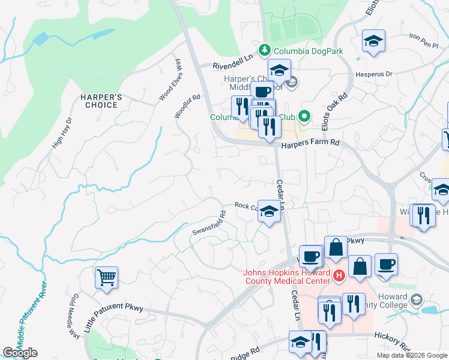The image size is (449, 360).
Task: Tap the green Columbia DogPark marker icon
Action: click(264, 50)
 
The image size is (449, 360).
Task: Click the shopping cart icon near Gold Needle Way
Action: click(106, 278)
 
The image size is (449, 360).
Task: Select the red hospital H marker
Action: click(339, 277)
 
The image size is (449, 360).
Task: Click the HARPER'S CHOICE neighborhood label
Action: click(100, 101)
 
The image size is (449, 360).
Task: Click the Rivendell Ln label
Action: click(234, 65)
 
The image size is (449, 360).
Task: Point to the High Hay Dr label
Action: click(61, 132)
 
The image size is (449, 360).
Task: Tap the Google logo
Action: click(20, 353)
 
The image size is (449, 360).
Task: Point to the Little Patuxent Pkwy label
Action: click(114, 316)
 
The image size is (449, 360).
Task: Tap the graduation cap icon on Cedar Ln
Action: click(269, 211)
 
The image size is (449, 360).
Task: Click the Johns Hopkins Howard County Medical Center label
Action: click(287, 277)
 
